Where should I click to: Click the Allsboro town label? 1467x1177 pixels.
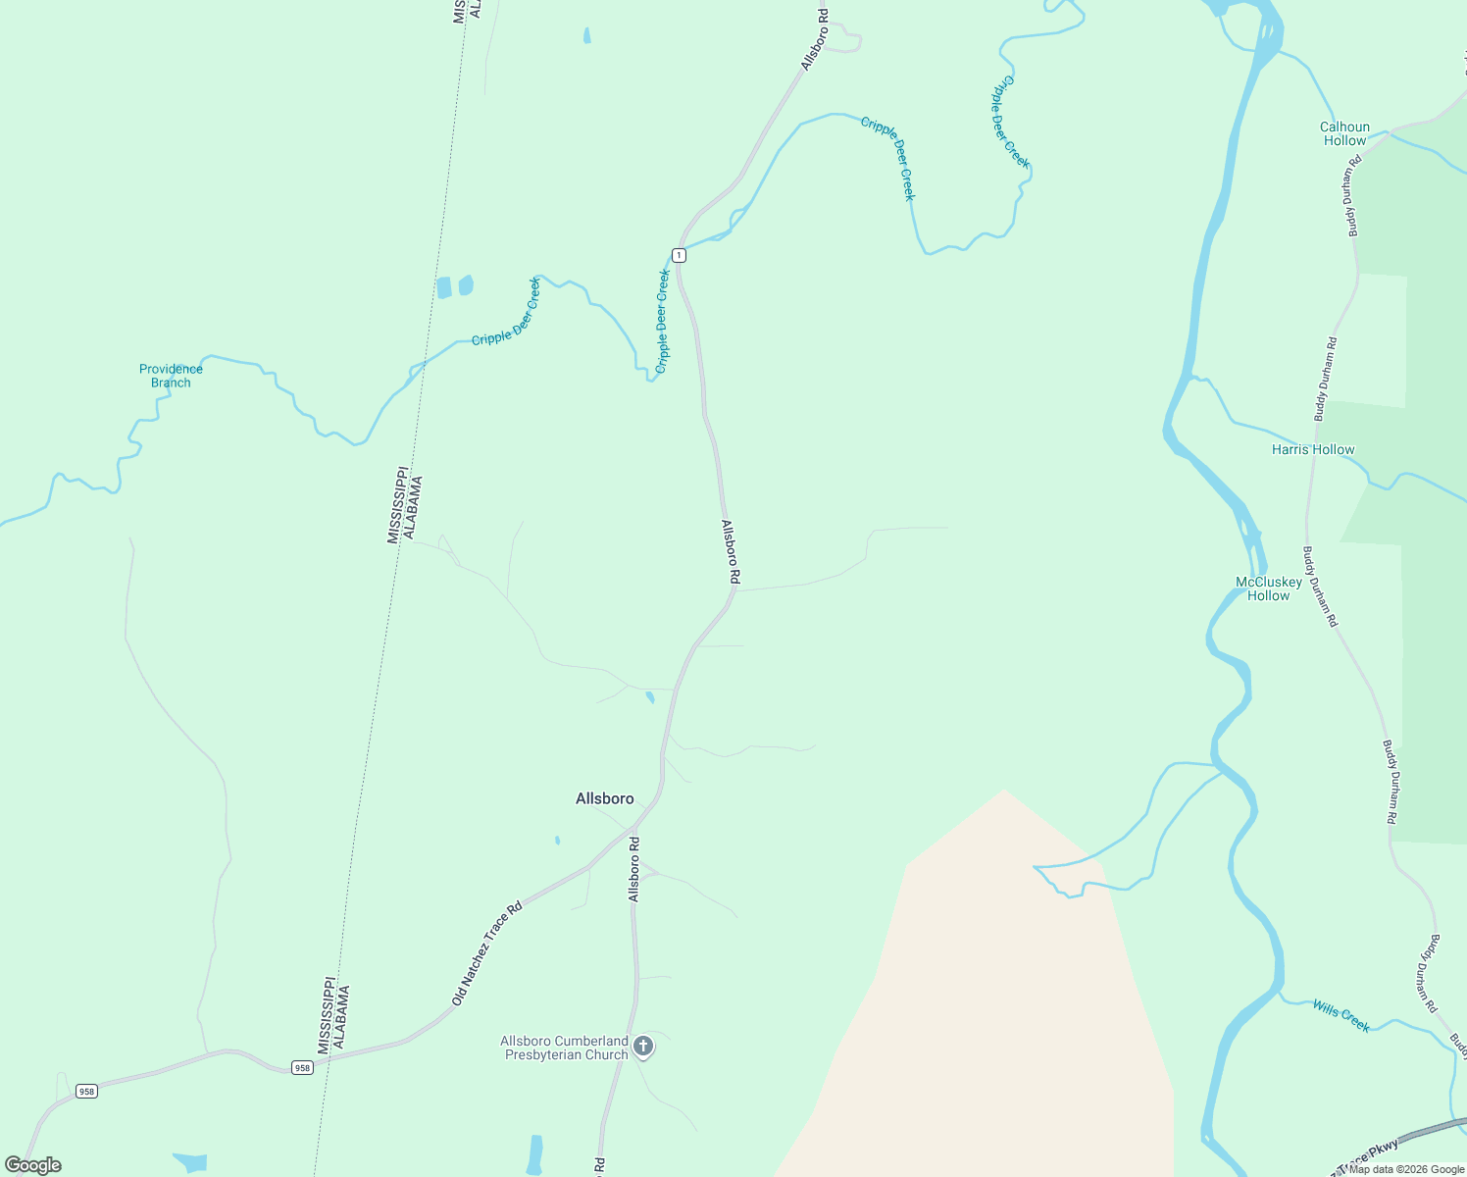[604, 798]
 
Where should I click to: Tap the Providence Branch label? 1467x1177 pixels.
[171, 376]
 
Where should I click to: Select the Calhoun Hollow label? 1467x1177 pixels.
[1344, 133]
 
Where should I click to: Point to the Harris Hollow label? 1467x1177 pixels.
[1313, 449]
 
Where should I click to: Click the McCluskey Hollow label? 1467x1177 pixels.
[1269, 588]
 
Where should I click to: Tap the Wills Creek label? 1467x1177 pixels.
[1341, 1016]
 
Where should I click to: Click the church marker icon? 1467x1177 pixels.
[643, 1047]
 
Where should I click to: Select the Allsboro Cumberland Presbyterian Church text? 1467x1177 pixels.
[564, 1048]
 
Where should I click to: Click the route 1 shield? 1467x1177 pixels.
[679, 255]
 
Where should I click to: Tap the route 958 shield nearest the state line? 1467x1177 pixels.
[302, 1067]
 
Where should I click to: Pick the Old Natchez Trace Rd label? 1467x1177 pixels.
[486, 953]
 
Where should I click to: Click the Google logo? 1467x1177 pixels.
[33, 1165]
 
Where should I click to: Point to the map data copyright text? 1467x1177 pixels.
[1405, 1169]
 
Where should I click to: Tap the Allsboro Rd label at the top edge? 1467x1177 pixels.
[815, 39]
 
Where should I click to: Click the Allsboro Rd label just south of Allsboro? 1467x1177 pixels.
[634, 869]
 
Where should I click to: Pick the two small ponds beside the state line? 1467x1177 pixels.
[454, 286]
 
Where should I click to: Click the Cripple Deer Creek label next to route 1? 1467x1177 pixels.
[663, 321]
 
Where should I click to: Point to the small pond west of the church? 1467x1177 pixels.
[534, 1153]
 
